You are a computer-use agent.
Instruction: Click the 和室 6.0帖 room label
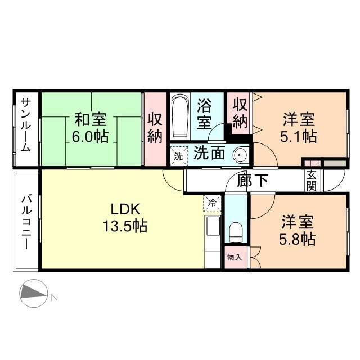(91, 128)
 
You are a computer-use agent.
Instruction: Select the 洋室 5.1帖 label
(299, 128)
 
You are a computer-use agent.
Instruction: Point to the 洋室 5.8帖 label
(299, 231)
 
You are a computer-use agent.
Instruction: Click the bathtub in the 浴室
(181, 117)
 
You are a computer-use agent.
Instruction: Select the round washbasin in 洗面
(240, 154)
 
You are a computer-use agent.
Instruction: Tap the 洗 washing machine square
(178, 156)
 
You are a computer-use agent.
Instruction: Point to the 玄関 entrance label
(311, 181)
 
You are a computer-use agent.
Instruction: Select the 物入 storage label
(235, 258)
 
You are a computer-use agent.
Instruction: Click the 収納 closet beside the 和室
(155, 128)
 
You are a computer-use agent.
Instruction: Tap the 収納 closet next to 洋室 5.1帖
(240, 113)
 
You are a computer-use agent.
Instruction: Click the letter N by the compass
(55, 297)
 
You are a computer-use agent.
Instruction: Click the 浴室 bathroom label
(204, 112)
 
